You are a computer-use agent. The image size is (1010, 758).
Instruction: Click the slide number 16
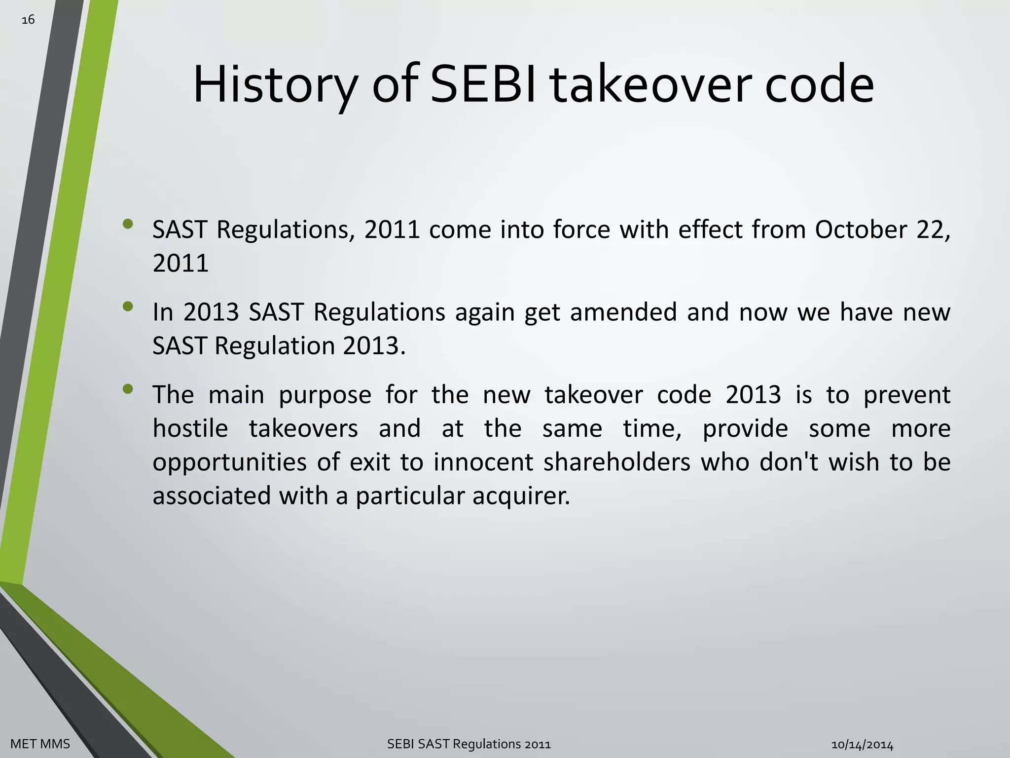point(28,20)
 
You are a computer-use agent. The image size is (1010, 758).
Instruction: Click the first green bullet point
point(128,224)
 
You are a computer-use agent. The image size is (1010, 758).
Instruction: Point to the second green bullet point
point(128,306)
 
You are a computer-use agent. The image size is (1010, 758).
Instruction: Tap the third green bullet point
point(128,389)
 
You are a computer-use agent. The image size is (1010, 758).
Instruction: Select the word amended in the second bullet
point(623,312)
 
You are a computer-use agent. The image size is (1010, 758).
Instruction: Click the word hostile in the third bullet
point(190,428)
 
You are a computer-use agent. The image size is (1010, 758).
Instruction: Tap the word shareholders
point(617,462)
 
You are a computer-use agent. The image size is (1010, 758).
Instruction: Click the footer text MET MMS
point(40,744)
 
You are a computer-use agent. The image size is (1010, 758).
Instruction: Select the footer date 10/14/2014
point(862,745)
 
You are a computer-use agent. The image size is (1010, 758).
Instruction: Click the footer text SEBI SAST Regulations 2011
point(469,744)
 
